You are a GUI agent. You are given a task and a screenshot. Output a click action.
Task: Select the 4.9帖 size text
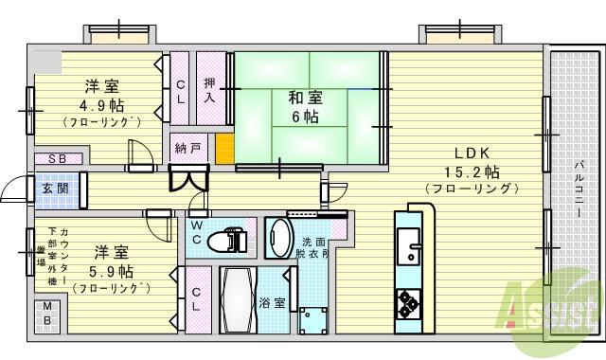tap(101, 105)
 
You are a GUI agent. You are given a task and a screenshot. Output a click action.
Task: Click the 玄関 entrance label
tap(53, 188)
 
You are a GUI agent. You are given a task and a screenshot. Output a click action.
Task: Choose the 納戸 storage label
tap(188, 149)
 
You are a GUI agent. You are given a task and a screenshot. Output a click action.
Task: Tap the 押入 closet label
tap(211, 89)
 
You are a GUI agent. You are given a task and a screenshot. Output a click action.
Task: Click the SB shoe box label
tap(57, 159)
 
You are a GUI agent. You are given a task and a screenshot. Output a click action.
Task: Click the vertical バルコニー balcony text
tap(579, 189)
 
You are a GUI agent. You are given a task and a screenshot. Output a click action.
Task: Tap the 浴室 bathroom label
tap(272, 303)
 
